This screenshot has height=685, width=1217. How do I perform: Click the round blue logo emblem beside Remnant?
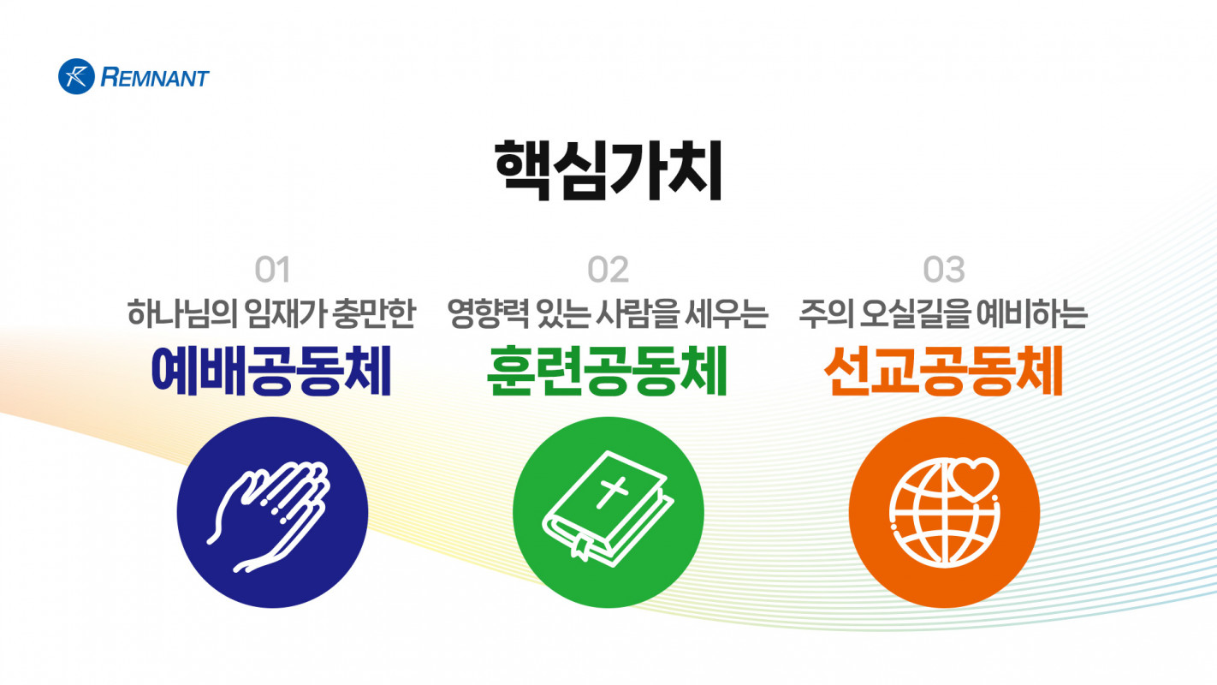[x=77, y=77]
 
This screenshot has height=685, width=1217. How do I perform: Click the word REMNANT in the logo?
[x=155, y=78]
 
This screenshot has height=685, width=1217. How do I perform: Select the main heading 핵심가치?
[x=608, y=170]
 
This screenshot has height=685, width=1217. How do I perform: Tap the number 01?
[x=272, y=270]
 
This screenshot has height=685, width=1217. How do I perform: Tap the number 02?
[x=608, y=270]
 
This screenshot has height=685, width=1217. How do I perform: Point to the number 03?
[x=944, y=270]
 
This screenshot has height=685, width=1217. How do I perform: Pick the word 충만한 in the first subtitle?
[x=374, y=313]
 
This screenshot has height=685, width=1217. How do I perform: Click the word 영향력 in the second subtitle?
[x=487, y=313]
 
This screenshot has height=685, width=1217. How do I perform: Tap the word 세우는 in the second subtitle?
[x=727, y=313]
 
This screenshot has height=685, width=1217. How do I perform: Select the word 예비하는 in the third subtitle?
[x=1032, y=313]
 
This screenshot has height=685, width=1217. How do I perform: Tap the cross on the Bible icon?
[x=612, y=492]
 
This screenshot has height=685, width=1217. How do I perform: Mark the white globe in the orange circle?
[x=945, y=513]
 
